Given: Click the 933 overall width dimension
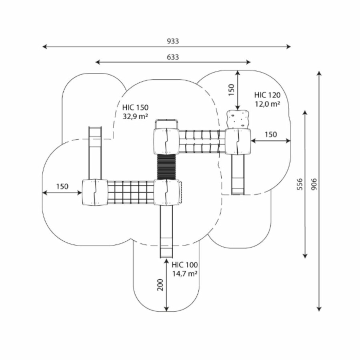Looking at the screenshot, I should [x=173, y=41].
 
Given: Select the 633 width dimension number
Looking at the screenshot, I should [x=173, y=57].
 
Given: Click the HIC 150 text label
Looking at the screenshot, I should [x=135, y=108].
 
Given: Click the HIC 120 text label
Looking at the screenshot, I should [x=267, y=95].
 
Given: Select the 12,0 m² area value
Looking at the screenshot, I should [x=267, y=104].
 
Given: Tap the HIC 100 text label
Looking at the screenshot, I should [x=185, y=265].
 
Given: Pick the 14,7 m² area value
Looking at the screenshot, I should [x=185, y=274].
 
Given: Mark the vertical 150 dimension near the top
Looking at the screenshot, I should [x=231, y=90].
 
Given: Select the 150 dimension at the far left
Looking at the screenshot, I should [x=62, y=186].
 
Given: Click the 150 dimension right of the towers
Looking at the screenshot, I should [x=270, y=134].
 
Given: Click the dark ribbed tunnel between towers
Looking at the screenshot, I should [x=166, y=167].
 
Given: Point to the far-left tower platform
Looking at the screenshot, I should [x=94, y=192].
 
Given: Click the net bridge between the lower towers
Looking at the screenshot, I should [x=131, y=192].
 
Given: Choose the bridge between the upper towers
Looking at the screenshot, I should [x=201, y=142].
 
